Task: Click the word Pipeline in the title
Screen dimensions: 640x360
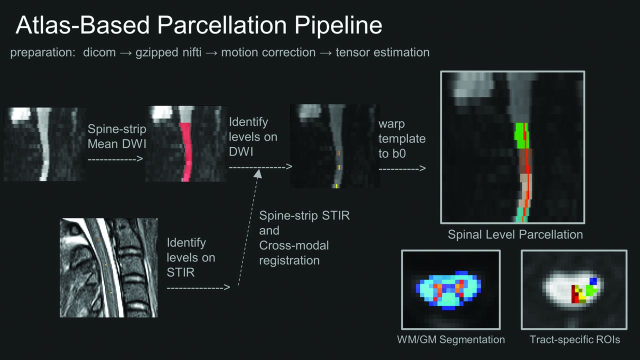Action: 338,25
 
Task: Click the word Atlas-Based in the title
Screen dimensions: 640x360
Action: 82,25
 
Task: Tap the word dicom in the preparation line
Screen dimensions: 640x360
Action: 99,52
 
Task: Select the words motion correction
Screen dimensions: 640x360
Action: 268,52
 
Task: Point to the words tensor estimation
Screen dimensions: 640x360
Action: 382,52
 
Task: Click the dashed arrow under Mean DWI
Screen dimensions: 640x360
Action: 115,159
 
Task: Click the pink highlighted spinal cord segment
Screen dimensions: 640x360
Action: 186,152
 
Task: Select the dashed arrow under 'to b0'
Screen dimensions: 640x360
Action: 402,168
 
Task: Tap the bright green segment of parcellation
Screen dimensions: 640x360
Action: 521,135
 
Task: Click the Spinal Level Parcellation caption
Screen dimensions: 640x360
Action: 515,235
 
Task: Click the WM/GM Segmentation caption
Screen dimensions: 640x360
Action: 451,339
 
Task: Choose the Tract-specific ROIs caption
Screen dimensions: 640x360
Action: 575,339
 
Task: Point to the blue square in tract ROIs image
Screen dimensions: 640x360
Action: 593,281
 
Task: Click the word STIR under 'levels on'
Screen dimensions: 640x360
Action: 180,272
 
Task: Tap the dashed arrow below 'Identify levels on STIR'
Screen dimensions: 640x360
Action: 198,287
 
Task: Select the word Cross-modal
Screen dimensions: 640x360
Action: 294,245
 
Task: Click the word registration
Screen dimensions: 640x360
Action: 289,261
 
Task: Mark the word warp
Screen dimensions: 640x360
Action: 391,124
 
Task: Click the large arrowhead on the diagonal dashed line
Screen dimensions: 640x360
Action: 258,173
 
